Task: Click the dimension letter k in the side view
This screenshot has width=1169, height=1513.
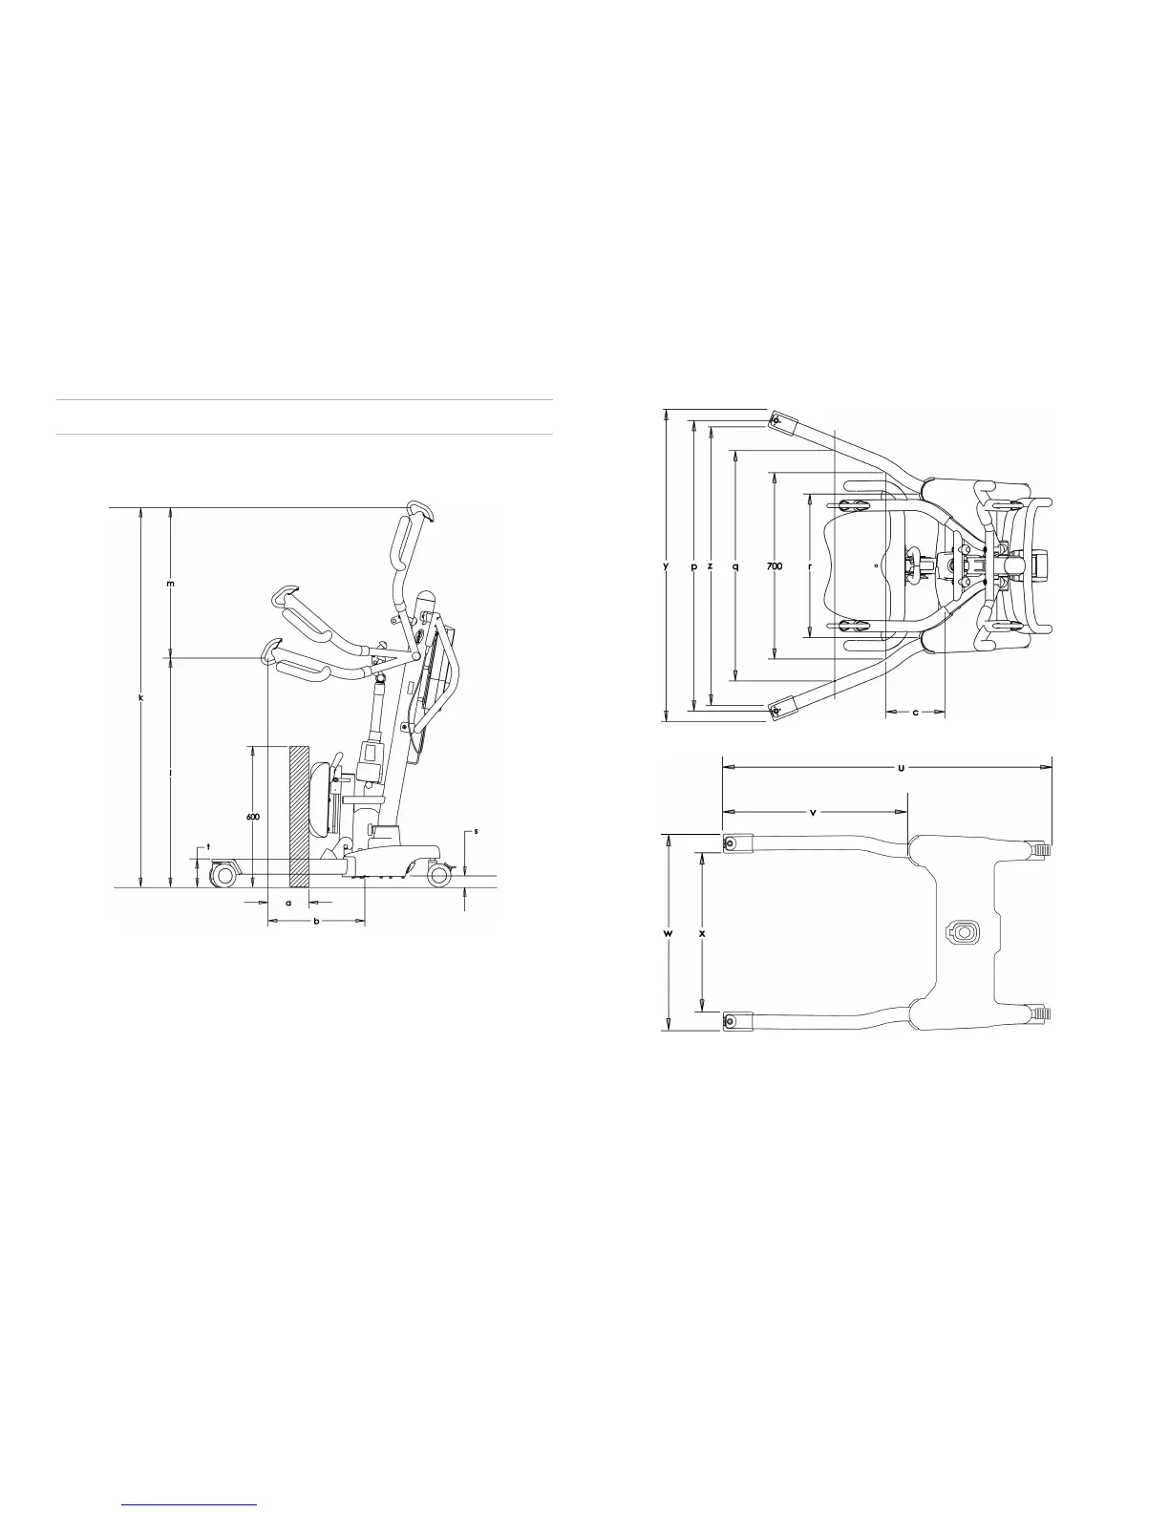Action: (x=140, y=697)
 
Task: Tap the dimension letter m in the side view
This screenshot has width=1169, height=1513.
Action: (x=171, y=584)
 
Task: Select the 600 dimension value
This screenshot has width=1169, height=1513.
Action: (x=253, y=817)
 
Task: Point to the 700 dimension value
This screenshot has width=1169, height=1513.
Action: (x=775, y=566)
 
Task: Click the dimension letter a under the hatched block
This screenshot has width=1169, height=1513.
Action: (x=288, y=903)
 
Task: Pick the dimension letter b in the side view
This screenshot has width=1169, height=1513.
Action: (x=316, y=921)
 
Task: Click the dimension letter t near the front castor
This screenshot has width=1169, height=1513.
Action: (x=208, y=846)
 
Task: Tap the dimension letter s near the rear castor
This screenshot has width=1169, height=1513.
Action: (x=476, y=831)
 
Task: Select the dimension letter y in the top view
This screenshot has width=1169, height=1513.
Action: (x=666, y=566)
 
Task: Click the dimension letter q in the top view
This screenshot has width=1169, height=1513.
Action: (x=735, y=566)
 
